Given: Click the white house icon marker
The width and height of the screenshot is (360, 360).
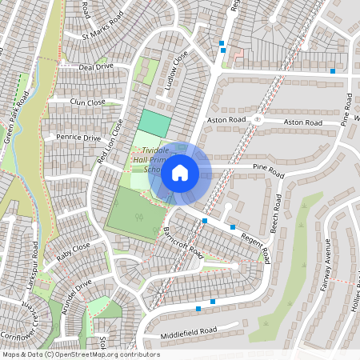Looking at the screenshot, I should (180, 173).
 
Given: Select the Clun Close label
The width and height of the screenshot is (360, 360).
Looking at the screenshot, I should (87, 102).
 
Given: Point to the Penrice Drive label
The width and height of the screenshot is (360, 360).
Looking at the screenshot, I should (78, 138).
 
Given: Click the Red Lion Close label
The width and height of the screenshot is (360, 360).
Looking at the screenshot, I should (111, 142).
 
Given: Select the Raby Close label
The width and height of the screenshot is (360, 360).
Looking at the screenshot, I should (74, 254).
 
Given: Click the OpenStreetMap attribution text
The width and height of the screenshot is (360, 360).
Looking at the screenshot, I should (81, 354).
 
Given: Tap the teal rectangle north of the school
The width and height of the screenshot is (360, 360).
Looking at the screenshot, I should (154, 122).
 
